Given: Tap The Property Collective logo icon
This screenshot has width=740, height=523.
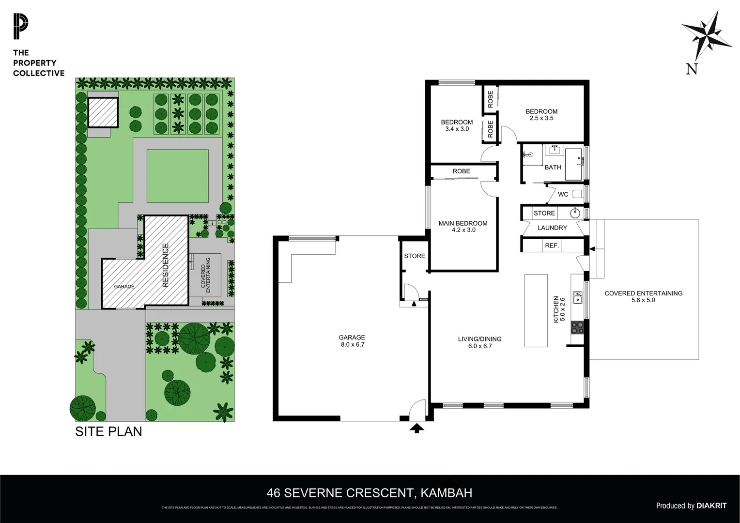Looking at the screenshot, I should (x=21, y=27).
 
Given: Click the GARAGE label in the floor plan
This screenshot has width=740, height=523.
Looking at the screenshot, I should (x=352, y=338).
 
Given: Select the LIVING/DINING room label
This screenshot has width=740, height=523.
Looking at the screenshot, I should (x=479, y=339).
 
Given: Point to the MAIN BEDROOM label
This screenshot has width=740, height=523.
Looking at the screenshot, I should (x=463, y=223).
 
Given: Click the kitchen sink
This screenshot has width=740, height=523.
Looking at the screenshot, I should (x=577, y=297).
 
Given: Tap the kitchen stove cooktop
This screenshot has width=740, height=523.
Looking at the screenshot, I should (x=577, y=327).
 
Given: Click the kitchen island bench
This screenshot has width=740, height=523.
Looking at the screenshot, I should (x=536, y=310).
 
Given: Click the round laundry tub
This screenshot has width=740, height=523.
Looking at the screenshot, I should (x=575, y=213).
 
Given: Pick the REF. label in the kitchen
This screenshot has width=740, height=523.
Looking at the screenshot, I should (x=552, y=246).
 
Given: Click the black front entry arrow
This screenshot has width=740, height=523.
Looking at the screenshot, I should (x=417, y=428).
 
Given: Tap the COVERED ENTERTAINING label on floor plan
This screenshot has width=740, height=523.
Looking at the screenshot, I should (x=643, y=293).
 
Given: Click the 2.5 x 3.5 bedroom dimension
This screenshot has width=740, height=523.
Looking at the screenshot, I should (x=541, y=118).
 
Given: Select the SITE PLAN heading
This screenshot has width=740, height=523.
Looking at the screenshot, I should (x=108, y=431).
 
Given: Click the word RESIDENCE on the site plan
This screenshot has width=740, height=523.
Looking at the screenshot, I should (x=166, y=265).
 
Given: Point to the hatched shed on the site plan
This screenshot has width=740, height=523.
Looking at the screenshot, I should (x=103, y=112).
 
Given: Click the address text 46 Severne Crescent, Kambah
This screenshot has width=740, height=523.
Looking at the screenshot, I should (x=370, y=493).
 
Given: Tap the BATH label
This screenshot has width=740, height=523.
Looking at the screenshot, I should (x=553, y=167).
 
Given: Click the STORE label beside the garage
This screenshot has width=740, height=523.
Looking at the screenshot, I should (x=415, y=256).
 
